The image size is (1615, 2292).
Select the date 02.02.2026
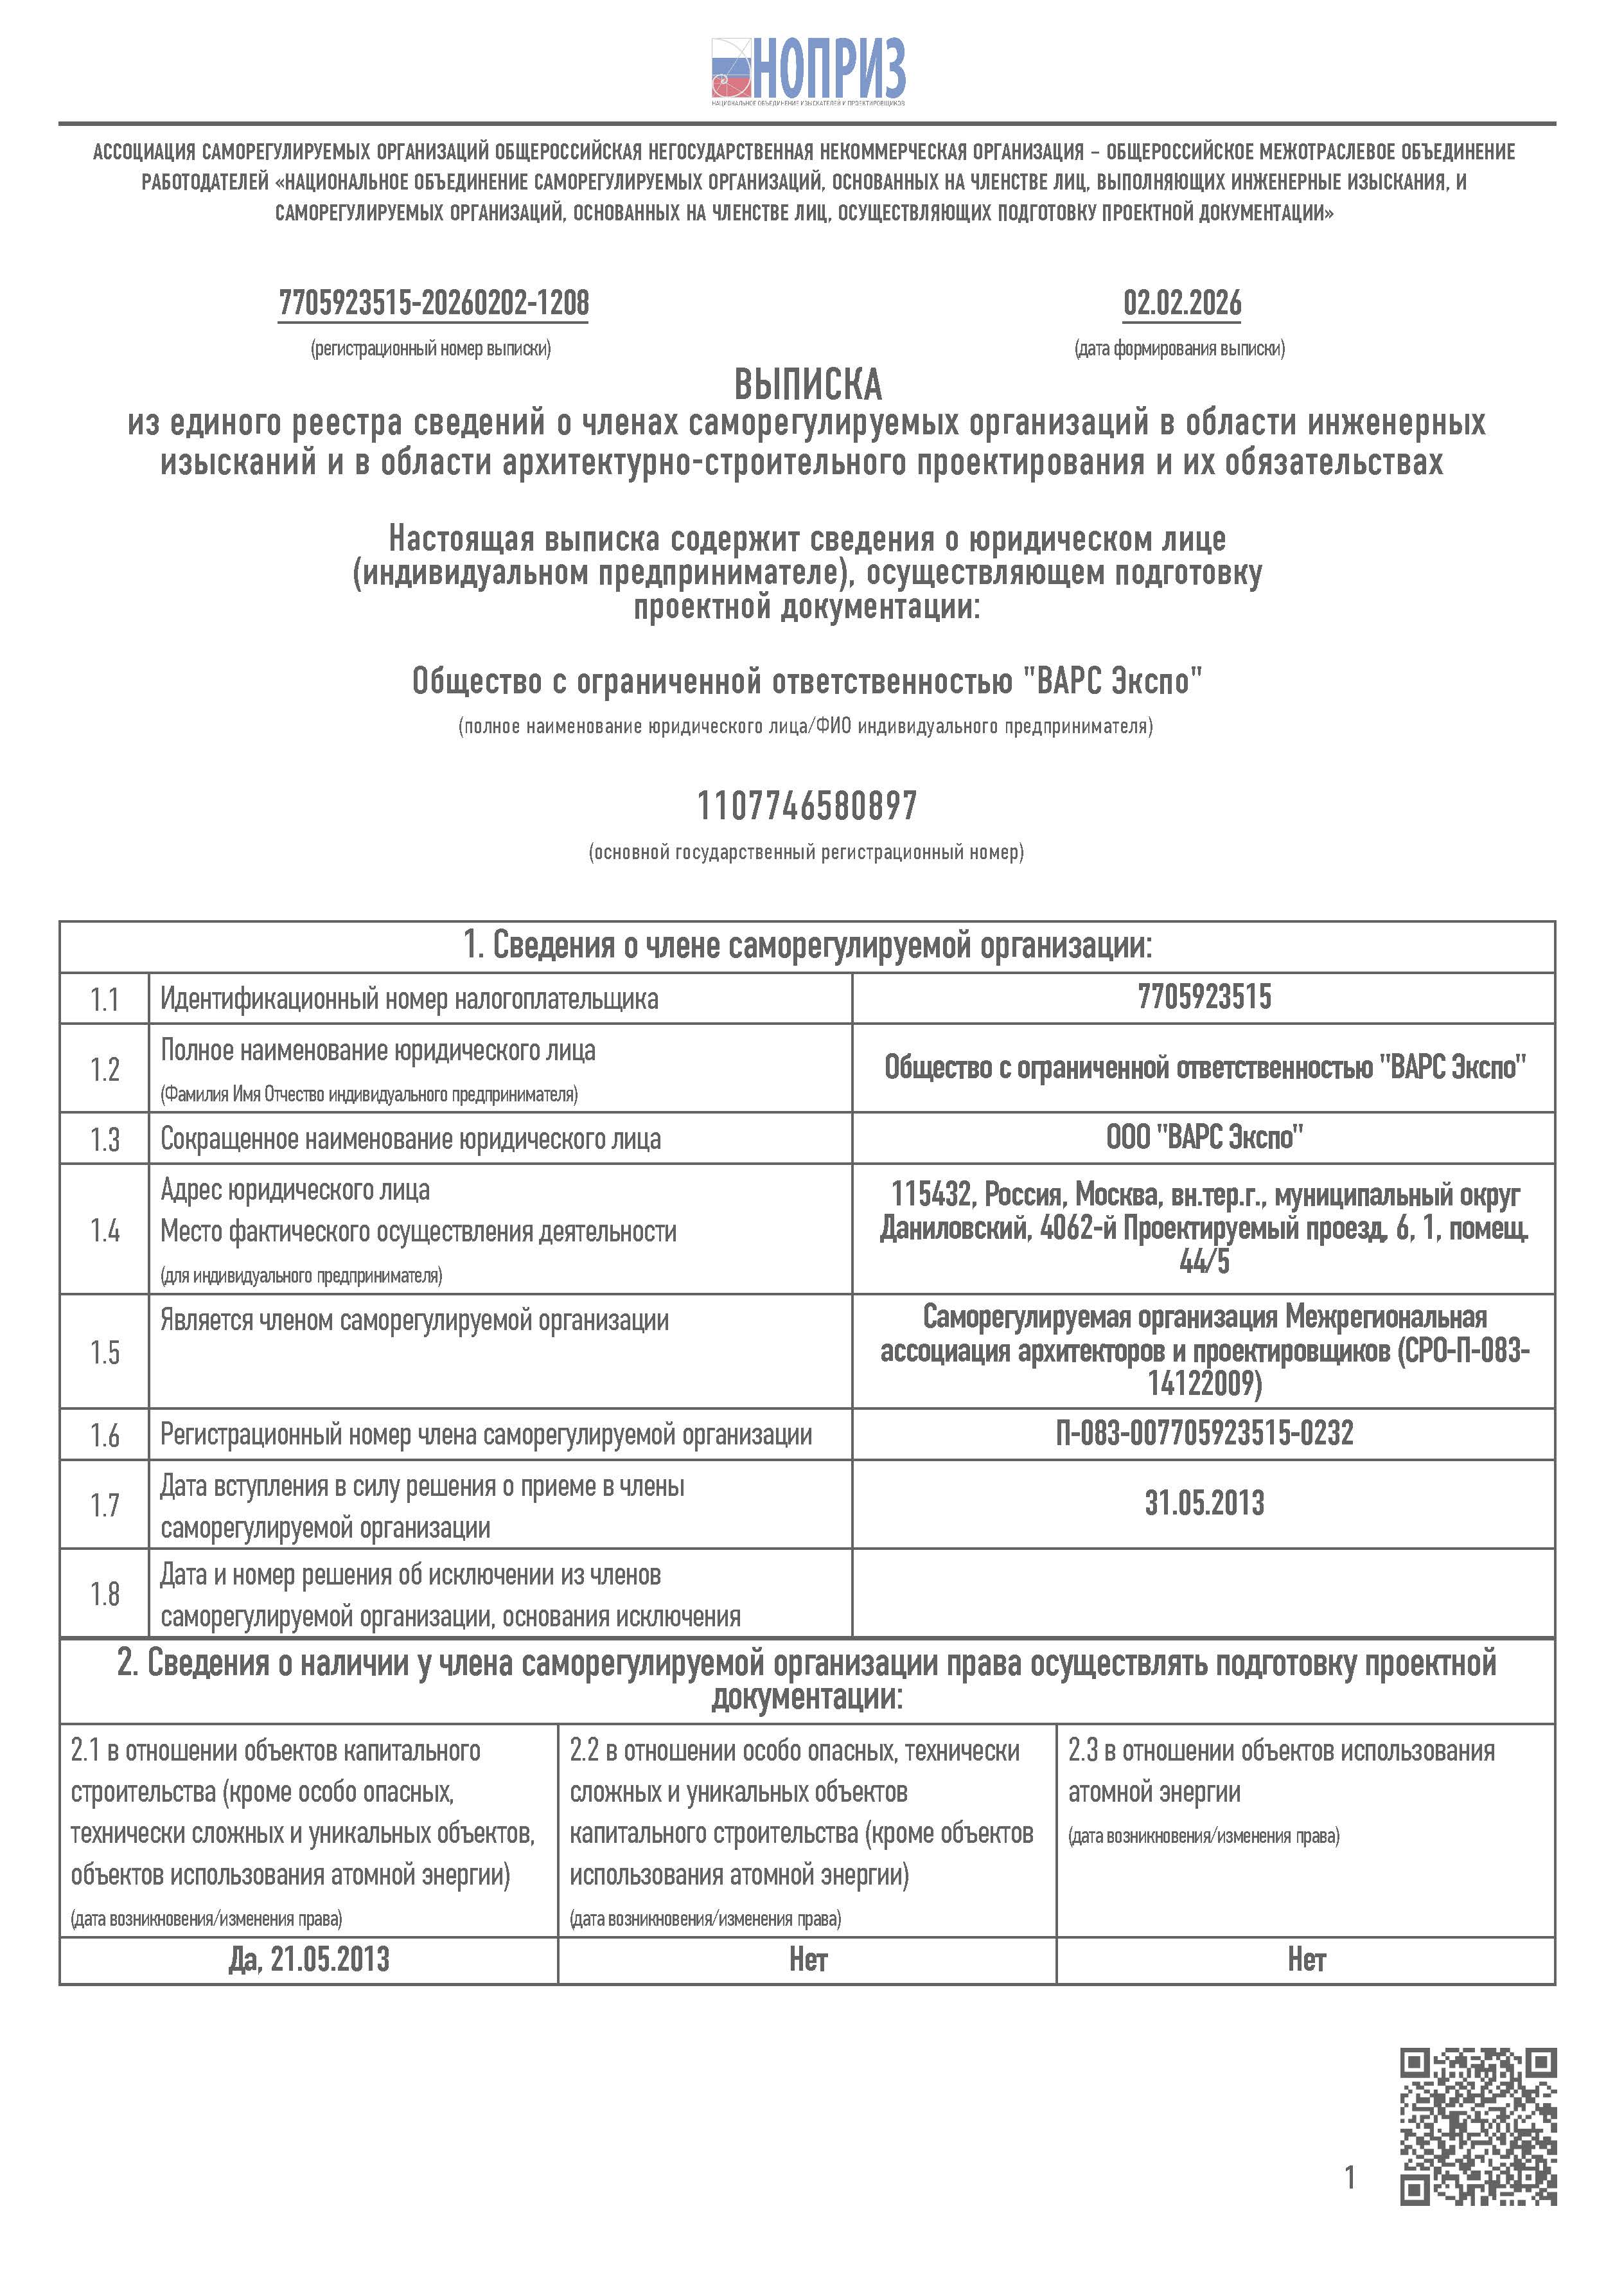(1182, 303)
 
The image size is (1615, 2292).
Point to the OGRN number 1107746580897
(806, 806)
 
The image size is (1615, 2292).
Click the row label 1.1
(104, 999)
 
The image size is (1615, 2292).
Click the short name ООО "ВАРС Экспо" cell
(1204, 1137)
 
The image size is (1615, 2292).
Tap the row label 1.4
(104, 1230)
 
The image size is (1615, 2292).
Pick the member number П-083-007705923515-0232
(1204, 1434)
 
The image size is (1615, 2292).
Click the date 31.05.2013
(1204, 1502)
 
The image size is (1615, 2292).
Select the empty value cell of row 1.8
(1204, 1594)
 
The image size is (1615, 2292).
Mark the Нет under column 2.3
(1305, 1959)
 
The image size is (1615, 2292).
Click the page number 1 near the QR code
(1350, 2176)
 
